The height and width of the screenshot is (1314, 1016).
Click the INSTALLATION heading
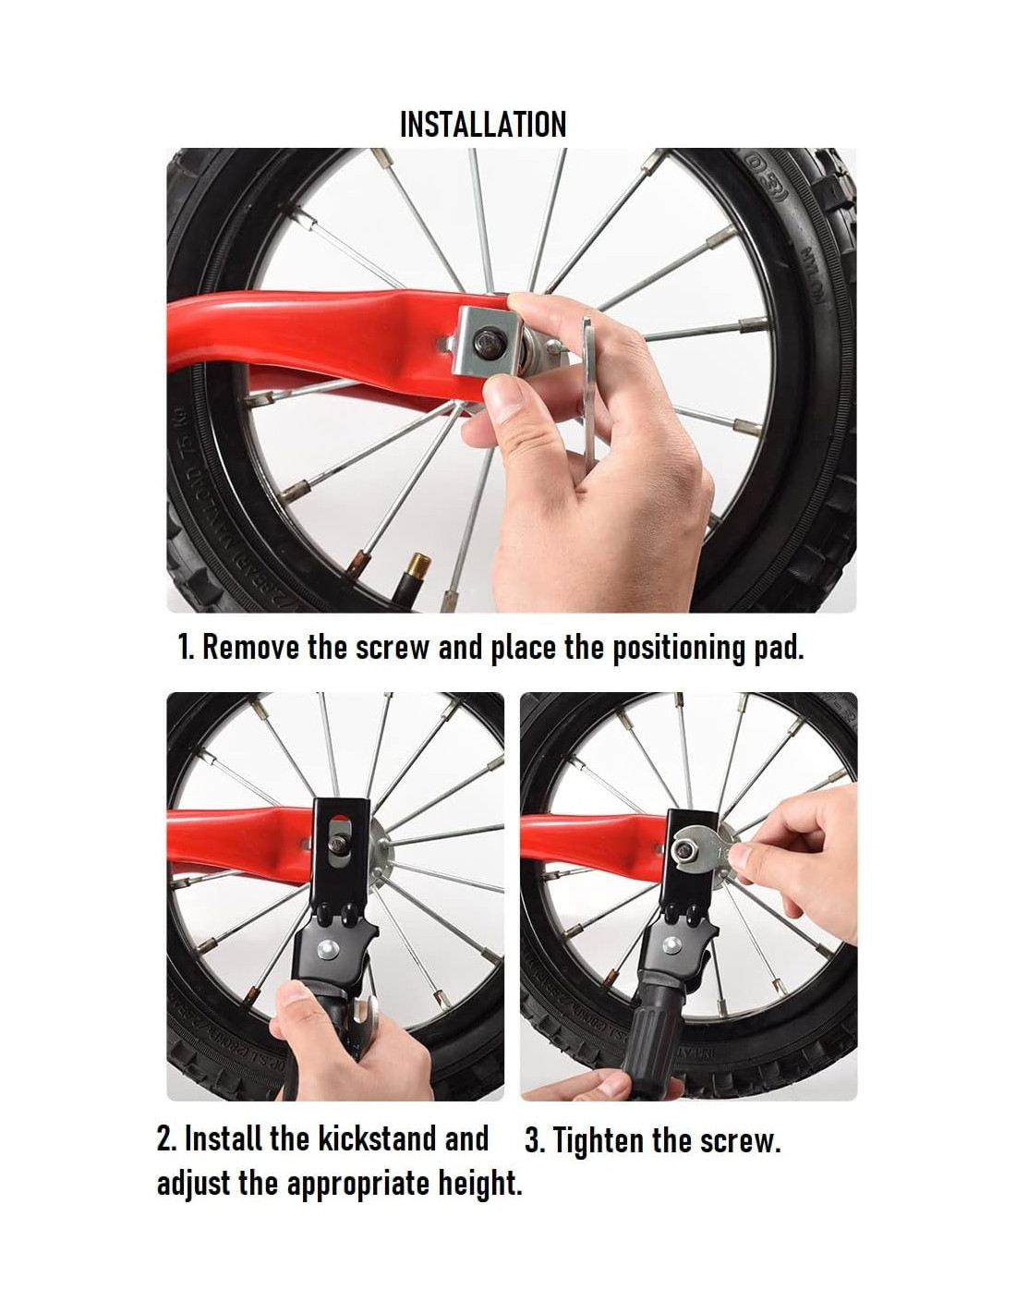click(x=483, y=124)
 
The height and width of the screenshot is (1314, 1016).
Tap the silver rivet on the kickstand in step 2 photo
click(x=328, y=947)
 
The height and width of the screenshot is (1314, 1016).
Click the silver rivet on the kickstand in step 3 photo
click(x=671, y=944)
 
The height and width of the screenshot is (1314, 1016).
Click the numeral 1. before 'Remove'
click(x=187, y=648)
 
